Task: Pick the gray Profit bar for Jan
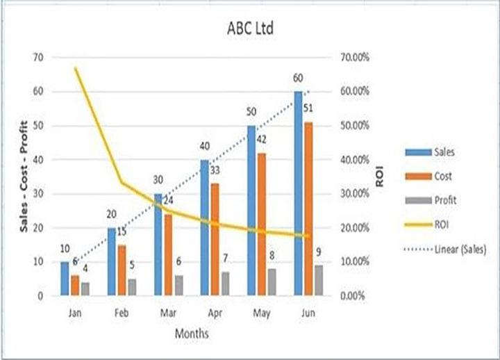[x=85, y=288]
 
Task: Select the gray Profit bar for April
[x=224, y=284]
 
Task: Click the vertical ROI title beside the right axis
[x=380, y=177]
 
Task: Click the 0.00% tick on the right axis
[x=353, y=296]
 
